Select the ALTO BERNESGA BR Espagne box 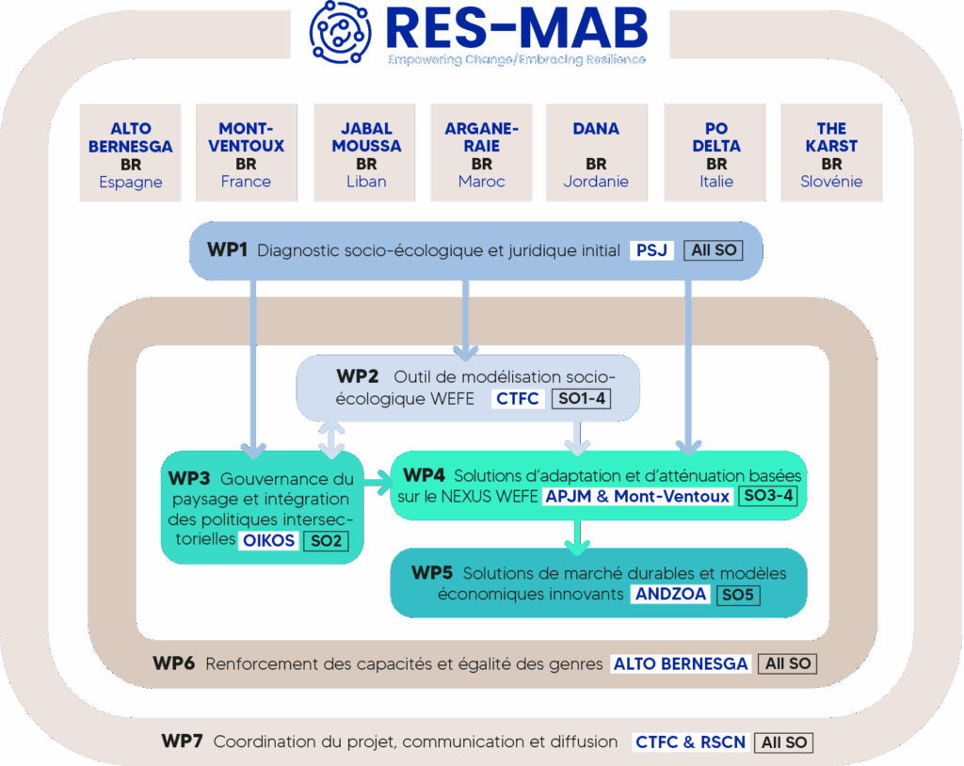pyautogui.click(x=131, y=153)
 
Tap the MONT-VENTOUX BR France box pyautogui.click(x=247, y=153)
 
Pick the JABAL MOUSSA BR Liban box pyautogui.click(x=366, y=153)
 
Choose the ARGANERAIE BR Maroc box pyautogui.click(x=482, y=153)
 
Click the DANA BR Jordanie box pyautogui.click(x=596, y=153)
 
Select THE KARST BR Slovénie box pyautogui.click(x=832, y=153)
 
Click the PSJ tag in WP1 pyautogui.click(x=651, y=250)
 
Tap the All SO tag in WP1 pyautogui.click(x=714, y=250)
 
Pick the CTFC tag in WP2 pyautogui.click(x=518, y=398)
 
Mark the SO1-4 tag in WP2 pyautogui.click(x=580, y=398)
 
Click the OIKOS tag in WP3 pyautogui.click(x=268, y=540)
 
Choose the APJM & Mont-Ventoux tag pyautogui.click(x=637, y=496)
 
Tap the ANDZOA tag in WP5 pyautogui.click(x=670, y=594)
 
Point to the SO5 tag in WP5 pyautogui.click(x=737, y=594)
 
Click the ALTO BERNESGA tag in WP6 pyautogui.click(x=681, y=663)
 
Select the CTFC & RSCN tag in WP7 pyautogui.click(x=690, y=742)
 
